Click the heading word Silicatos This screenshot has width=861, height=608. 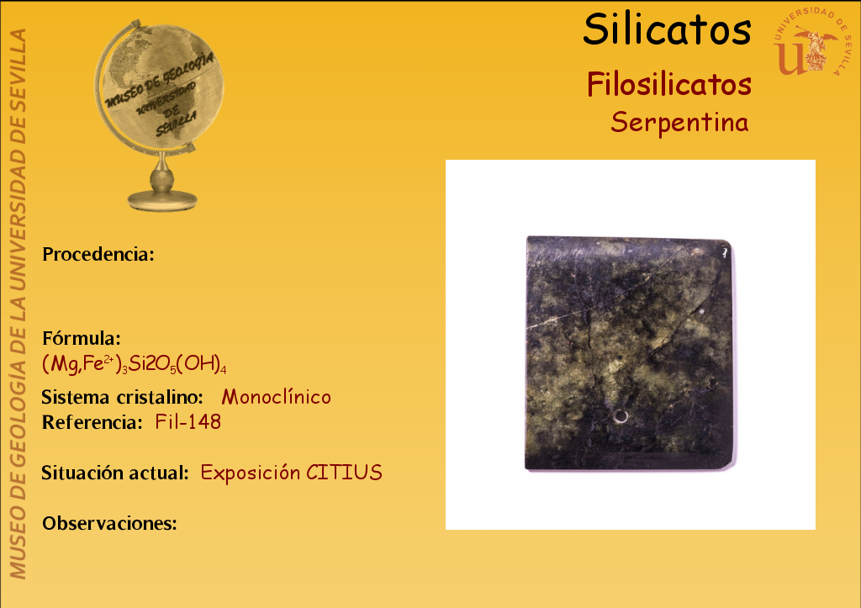[x=667, y=29]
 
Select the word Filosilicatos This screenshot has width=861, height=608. [x=668, y=85]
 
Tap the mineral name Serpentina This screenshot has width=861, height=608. [x=679, y=122]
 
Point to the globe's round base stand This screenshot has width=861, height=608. [x=162, y=199]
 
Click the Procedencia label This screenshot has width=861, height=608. [x=98, y=254]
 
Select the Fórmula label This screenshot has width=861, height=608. [x=82, y=338]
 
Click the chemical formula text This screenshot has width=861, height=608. [x=134, y=363]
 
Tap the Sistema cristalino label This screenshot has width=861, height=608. [x=123, y=397]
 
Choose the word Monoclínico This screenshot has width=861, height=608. [x=276, y=397]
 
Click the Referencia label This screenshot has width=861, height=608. [x=92, y=422]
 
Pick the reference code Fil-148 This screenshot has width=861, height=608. [x=188, y=422]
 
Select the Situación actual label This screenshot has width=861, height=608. [x=115, y=473]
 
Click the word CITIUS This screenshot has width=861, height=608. [x=344, y=473]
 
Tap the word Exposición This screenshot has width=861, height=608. [x=251, y=473]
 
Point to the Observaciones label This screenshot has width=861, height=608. [x=110, y=523]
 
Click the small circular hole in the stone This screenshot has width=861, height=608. [x=621, y=417]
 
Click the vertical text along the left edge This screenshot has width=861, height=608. [x=18, y=304]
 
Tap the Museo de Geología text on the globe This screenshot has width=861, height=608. [x=159, y=80]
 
